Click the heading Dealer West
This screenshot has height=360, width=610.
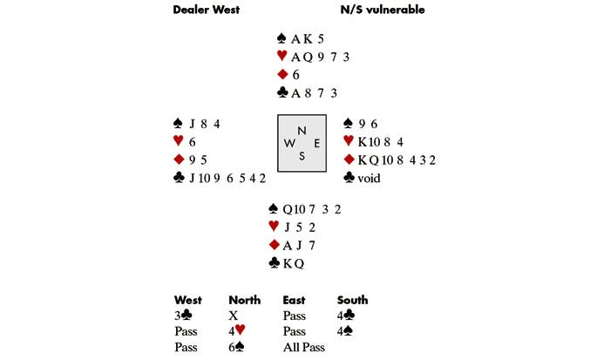tap(206, 10)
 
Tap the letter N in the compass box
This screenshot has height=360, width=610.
tap(302, 130)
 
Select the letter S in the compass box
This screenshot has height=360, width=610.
tap(302, 156)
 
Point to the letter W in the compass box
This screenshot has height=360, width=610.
tap(288, 143)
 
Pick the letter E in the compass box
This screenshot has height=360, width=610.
tap(315, 143)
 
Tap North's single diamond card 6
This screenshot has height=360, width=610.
tap(295, 75)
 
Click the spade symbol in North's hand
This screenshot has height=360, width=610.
tap(281, 38)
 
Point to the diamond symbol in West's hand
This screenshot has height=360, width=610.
tap(180, 160)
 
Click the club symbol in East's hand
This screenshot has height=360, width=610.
tap(350, 177)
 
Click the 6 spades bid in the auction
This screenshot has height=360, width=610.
tap(236, 347)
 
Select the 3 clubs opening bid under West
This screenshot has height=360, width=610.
tap(182, 316)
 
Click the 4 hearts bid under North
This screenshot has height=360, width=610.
tap(236, 331)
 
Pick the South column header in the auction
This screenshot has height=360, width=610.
tap(353, 301)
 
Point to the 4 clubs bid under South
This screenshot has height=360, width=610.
tap(346, 316)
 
